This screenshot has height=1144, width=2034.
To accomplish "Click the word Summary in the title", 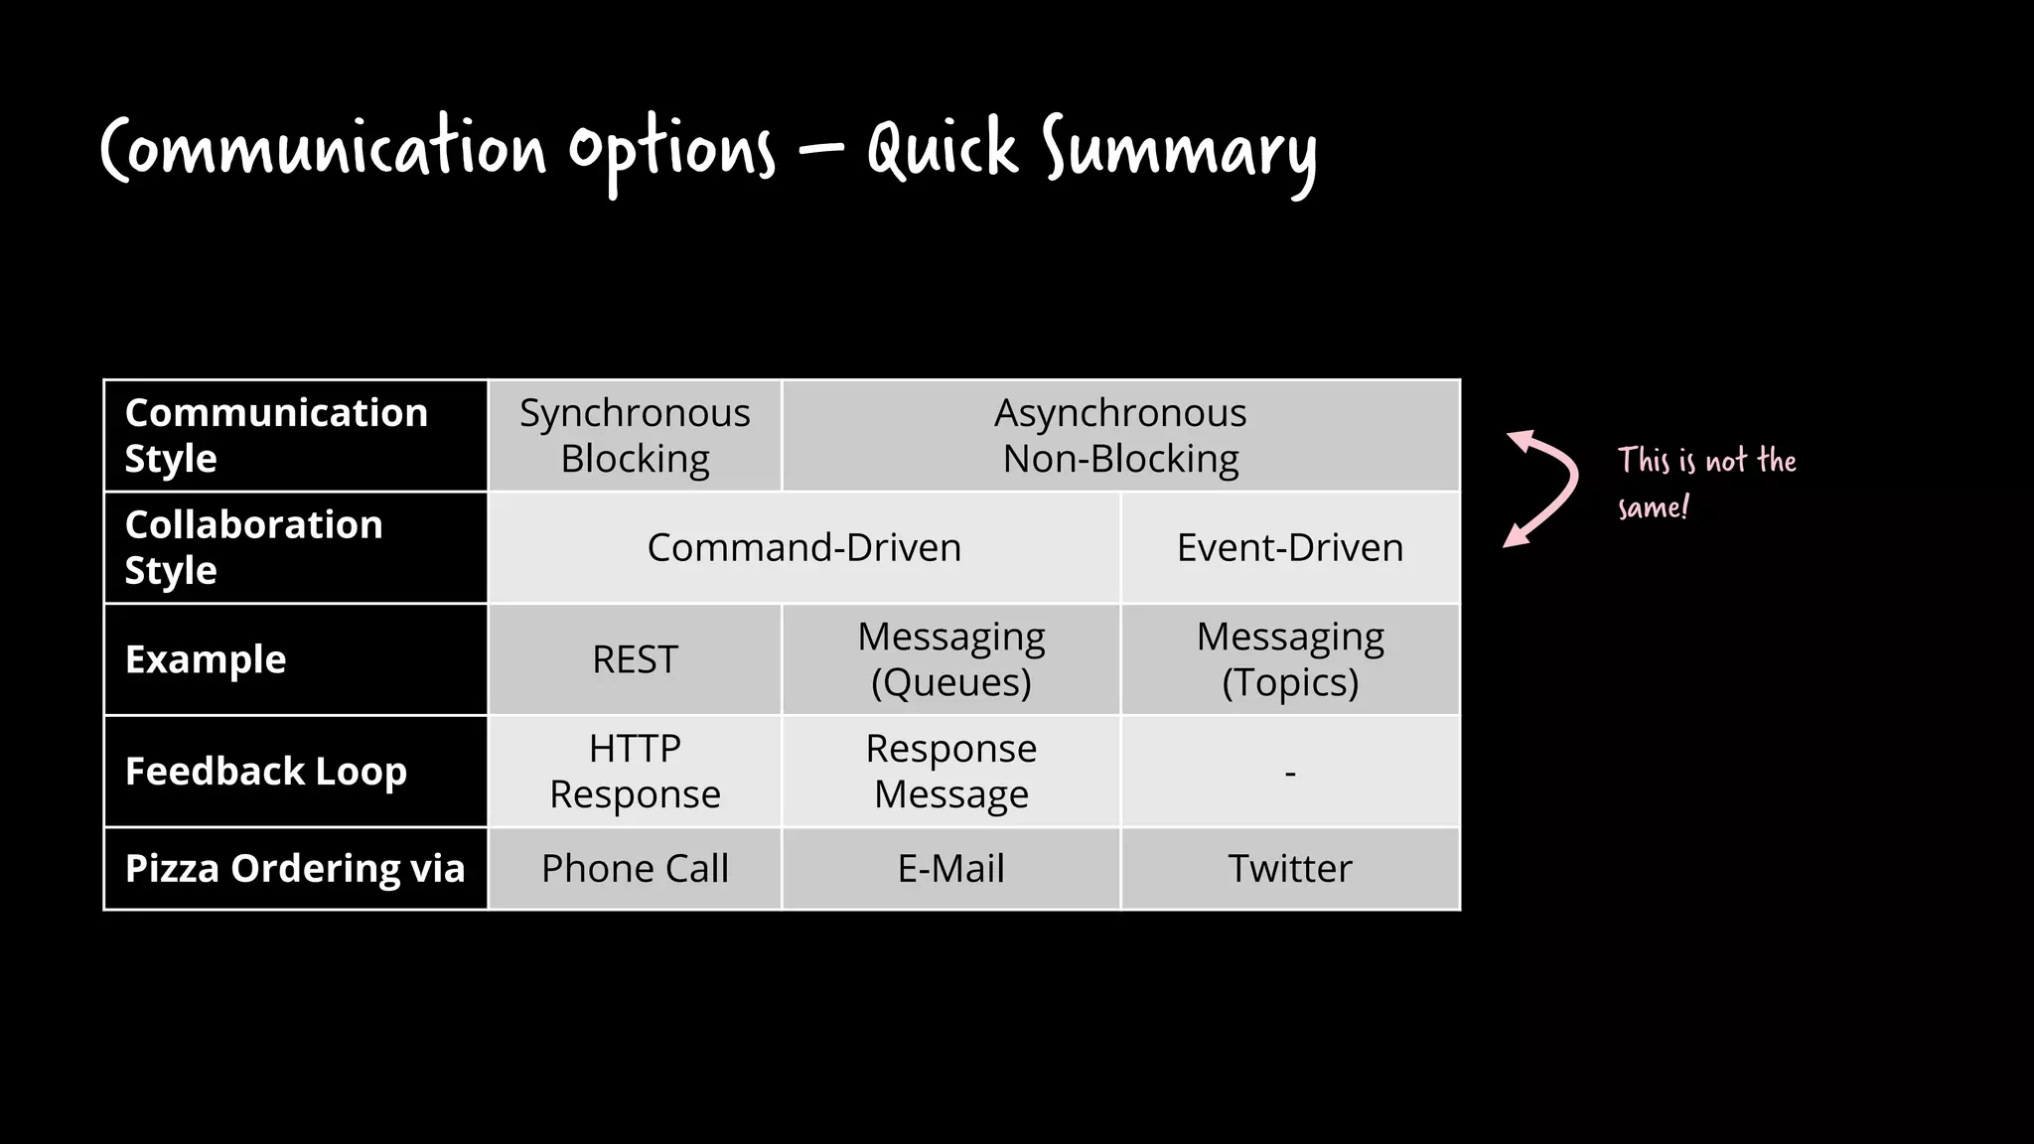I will tap(1179, 151).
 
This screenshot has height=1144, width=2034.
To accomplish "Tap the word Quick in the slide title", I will tap(942, 149).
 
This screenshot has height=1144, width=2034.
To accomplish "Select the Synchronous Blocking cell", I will tap(635, 436).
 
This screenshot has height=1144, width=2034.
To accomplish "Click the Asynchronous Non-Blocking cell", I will tap(1120, 436).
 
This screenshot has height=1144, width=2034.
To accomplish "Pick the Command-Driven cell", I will tap(803, 548).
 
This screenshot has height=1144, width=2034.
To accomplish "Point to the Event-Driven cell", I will tap(1289, 548).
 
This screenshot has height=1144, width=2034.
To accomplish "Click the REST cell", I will tap(635, 659).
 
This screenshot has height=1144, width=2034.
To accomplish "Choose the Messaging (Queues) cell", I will tap(950, 659).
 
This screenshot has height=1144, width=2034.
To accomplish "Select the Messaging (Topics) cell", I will tap(1289, 659).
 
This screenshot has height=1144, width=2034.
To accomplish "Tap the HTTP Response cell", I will tap(635, 771).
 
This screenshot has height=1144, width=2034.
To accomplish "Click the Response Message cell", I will tap(950, 771).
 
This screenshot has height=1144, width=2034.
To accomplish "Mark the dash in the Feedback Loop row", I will tap(1289, 772).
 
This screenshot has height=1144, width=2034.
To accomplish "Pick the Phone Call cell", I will tap(635, 869).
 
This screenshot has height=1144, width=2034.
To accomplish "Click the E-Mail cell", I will tap(950, 869).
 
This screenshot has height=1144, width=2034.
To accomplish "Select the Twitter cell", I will tap(1289, 869).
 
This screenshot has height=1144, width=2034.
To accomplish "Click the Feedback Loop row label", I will tap(266, 772).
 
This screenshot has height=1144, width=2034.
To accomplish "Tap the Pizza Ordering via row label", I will tap(295, 869).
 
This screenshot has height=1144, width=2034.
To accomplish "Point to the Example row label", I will tap(206, 659).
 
